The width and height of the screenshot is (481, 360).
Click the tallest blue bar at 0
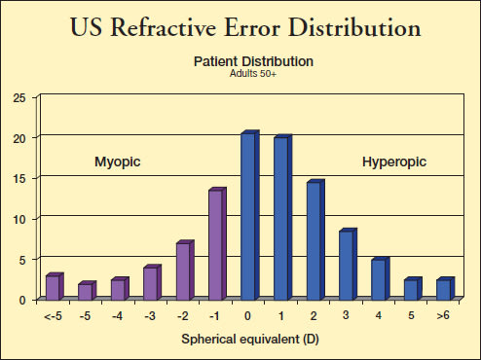[250, 215]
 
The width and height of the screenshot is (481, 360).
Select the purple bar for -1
[217, 244]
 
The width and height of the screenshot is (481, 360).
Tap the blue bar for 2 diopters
[315, 239]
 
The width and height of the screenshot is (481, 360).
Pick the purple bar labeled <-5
[55, 286]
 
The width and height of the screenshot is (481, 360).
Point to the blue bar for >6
[446, 289]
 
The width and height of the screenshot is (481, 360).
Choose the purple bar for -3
[153, 282]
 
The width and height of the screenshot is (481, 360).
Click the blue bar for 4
[381, 279]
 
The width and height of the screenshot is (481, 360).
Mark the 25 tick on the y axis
[19, 98]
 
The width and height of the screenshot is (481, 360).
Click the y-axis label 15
[19, 179]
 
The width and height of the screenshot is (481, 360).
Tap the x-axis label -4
[117, 315]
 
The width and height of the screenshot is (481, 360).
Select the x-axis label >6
[443, 315]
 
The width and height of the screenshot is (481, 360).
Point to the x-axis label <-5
[53, 315]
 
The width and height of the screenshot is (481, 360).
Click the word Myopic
[118, 162]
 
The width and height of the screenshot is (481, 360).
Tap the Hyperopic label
[394, 162]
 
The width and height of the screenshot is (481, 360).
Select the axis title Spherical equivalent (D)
[250, 340]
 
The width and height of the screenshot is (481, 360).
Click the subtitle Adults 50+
[253, 74]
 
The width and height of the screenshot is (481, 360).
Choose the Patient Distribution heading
[253, 61]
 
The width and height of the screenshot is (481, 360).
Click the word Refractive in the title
[164, 27]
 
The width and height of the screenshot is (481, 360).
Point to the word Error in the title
[252, 27]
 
